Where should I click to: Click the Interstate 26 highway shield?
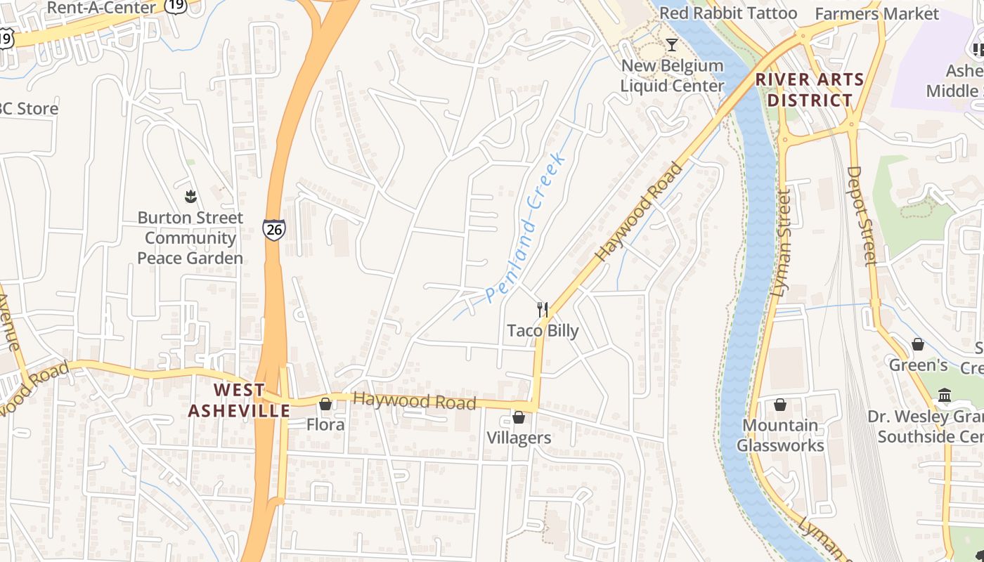pos(274,229)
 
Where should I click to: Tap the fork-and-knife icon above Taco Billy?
pos(543,310)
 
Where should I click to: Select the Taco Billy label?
pos(543,331)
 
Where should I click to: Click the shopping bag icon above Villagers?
pos(519,418)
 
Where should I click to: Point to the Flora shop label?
pos(325,425)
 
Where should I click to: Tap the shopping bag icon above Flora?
pos(325,404)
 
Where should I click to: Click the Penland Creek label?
pos(526,228)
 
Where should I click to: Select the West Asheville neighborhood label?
pos(239,400)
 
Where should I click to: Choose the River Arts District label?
pos(810,90)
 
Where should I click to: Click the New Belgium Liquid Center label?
pos(672,76)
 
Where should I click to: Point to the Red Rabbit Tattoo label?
pos(728,13)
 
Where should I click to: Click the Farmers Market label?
pos(876,13)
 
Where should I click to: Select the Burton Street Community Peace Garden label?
pos(190,238)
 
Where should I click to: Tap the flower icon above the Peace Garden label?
pos(190,196)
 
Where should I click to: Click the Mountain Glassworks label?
pos(780,436)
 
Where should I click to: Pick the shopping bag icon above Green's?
pos(918,344)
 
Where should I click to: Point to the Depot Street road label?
pos(862,216)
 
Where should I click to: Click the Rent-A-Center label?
pos(101,8)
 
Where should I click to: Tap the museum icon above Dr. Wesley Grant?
pos(945,396)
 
